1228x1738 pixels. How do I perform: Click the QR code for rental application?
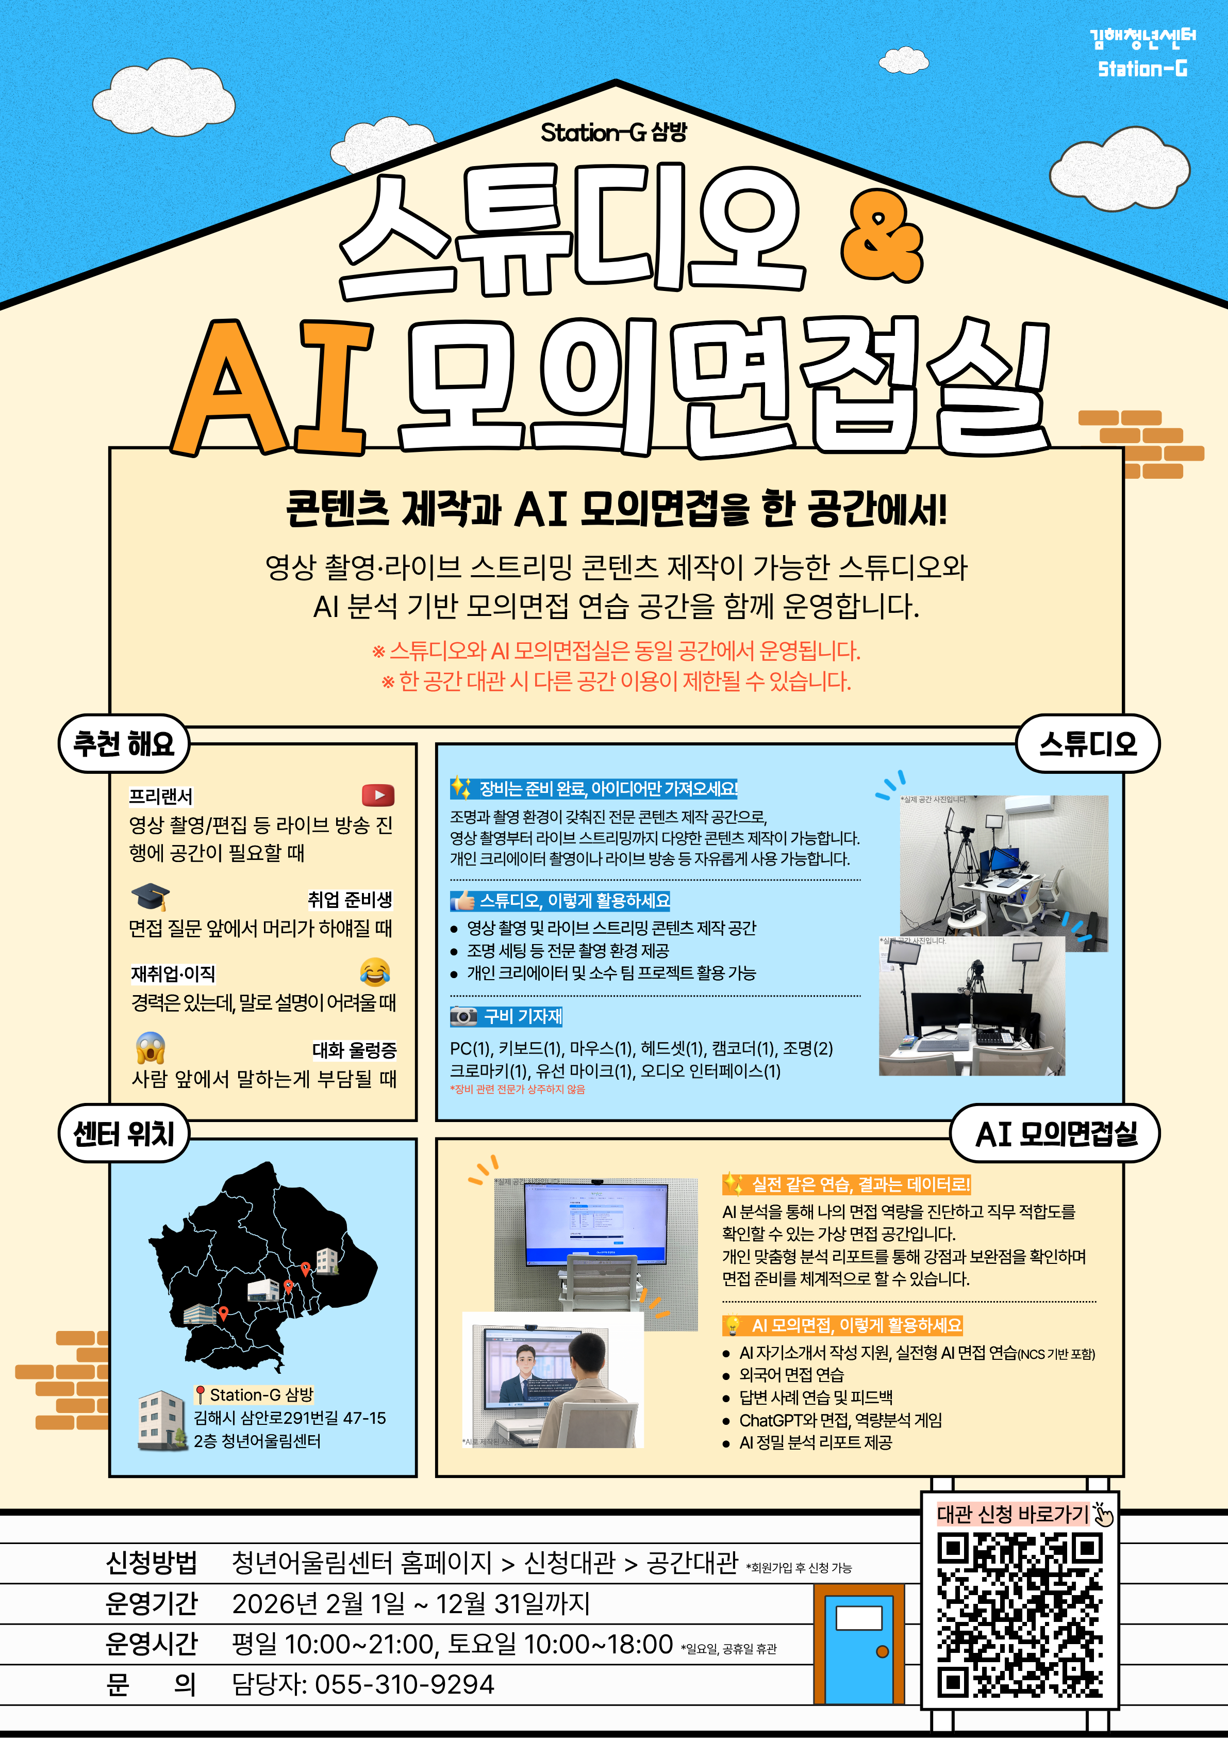[1019, 1615]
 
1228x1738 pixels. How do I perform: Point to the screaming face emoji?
[151, 1048]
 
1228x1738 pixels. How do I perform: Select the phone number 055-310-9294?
[404, 1684]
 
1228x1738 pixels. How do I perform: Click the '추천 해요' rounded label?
[123, 743]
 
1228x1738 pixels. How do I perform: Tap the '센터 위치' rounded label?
[123, 1133]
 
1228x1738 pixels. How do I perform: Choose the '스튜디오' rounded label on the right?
[1087, 743]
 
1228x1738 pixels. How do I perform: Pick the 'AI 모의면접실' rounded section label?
[1055, 1133]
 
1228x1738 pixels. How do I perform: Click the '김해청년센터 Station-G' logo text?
[1142, 53]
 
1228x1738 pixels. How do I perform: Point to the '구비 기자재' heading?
[523, 1016]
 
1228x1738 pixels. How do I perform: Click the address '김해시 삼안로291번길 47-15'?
[290, 1418]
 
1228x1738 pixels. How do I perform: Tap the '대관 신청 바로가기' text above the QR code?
[1013, 1514]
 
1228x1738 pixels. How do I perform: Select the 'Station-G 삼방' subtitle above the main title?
[613, 133]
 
